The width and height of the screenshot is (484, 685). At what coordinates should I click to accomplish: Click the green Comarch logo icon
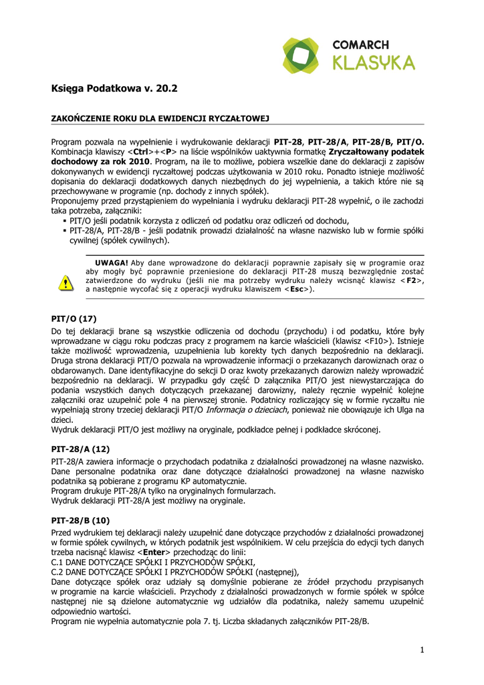pos(300,56)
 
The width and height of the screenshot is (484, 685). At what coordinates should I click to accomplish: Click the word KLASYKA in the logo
pos(374,63)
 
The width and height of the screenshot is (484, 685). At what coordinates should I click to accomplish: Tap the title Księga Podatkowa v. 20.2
pos(115,88)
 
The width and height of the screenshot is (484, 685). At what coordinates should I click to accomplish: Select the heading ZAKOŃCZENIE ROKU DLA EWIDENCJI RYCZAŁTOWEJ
pos(160,118)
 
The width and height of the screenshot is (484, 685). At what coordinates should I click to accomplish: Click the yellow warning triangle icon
pos(66,283)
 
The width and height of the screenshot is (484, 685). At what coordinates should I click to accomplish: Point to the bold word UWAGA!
pos(112,263)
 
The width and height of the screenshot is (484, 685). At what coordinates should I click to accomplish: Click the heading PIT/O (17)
pos(74,319)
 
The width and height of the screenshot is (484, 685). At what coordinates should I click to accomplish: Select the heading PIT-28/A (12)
pos(80,450)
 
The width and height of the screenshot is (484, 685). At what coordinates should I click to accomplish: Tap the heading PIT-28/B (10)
pos(80,520)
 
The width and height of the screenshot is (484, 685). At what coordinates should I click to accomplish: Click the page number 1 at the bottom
pos(422,649)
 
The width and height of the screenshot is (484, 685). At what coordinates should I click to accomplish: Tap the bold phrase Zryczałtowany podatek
pos(376,152)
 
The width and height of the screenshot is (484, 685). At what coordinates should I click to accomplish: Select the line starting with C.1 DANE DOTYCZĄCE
pos(153,563)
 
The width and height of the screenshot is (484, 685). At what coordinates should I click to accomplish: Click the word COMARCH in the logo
pos(361,45)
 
